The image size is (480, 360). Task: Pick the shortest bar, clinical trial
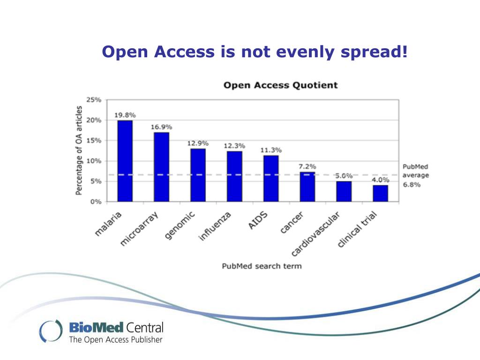[x=380, y=193]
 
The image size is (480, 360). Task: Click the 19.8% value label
[x=125, y=115]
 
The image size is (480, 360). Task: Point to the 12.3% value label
[x=234, y=146]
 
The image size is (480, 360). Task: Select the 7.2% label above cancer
[x=307, y=166]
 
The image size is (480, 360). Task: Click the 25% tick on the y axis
[x=94, y=100]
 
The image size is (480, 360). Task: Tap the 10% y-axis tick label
[x=94, y=161]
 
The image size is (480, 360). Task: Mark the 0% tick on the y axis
[x=96, y=202]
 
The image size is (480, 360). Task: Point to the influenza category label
[x=215, y=226]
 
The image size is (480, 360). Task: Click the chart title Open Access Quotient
[x=280, y=85]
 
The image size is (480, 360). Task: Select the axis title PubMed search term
[x=262, y=266]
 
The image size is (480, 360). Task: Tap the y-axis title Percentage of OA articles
[x=79, y=150]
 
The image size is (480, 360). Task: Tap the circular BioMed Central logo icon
[x=50, y=330]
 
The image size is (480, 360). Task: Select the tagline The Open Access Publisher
[x=116, y=339]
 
